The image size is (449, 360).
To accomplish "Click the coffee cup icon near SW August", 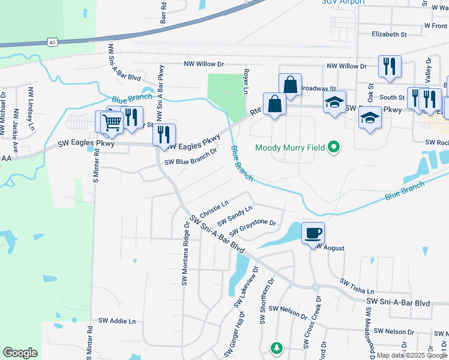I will tap(312, 233).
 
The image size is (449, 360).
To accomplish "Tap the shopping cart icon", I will tap(111, 123).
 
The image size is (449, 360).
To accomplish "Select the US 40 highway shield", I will tap(52, 42).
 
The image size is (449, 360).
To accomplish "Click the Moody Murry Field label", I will tap(290, 148).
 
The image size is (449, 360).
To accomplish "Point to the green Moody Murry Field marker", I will tap(335, 147).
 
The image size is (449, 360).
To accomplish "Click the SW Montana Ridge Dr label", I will tap(185, 254).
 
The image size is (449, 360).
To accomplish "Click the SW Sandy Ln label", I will tap(235, 215).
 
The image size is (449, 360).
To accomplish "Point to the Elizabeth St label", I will tap(389, 35).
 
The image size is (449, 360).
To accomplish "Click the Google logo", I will tap(20, 353).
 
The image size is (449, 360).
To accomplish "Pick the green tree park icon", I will tap(276, 347).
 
